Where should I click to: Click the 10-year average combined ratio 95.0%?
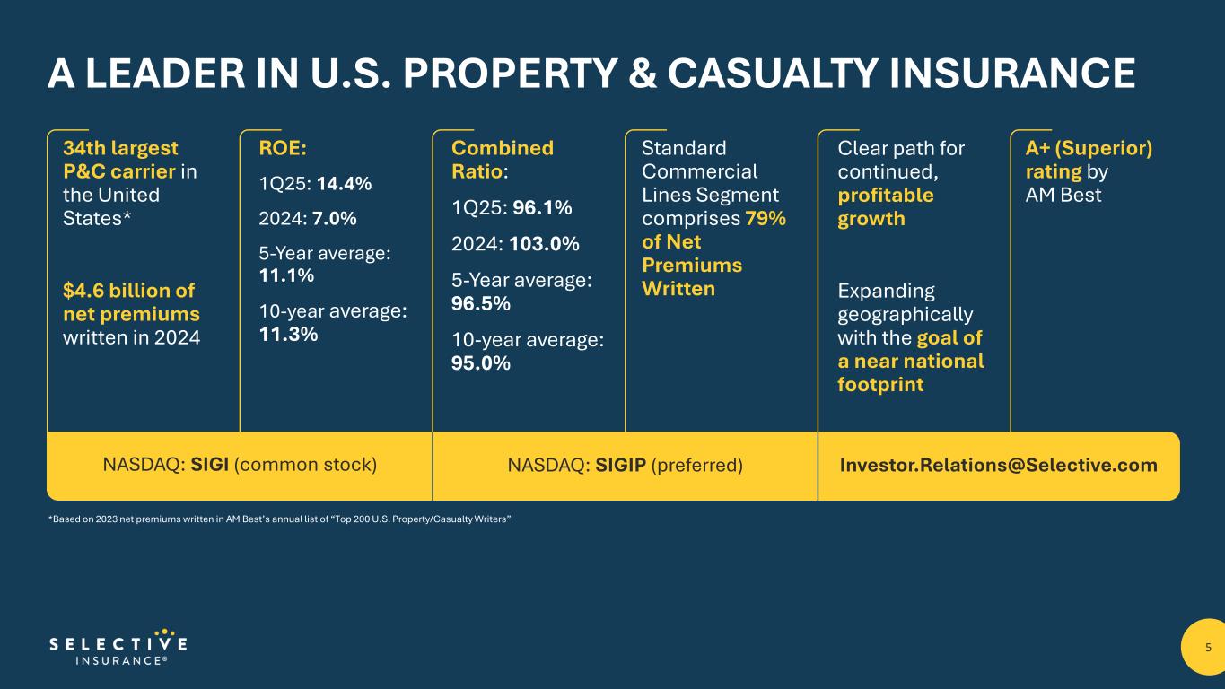(481, 363)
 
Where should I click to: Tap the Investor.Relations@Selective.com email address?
(998, 466)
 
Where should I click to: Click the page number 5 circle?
(1207, 648)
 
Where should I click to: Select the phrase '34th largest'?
(120, 147)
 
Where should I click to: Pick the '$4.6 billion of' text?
(128, 291)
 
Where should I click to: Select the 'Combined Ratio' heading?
(503, 159)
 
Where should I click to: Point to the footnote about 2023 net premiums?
(279, 519)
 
